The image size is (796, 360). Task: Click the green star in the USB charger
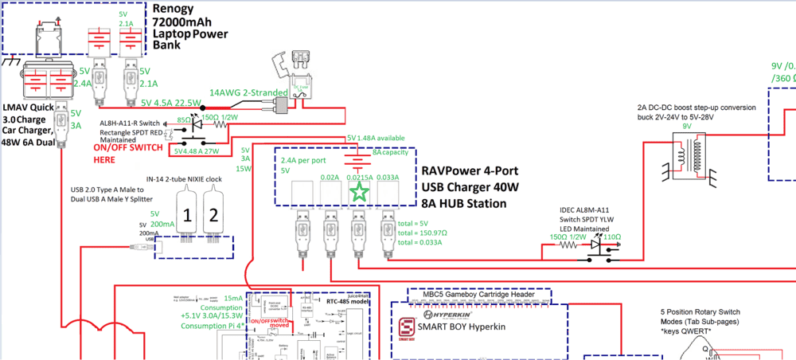[x=360, y=191]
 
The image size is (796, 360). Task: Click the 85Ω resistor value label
[x=184, y=119]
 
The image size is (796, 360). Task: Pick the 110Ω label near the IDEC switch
[x=613, y=237]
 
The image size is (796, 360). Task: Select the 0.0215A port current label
[x=358, y=177]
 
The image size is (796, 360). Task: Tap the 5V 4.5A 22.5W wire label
[x=170, y=102]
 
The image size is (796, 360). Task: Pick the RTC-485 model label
[x=348, y=302]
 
